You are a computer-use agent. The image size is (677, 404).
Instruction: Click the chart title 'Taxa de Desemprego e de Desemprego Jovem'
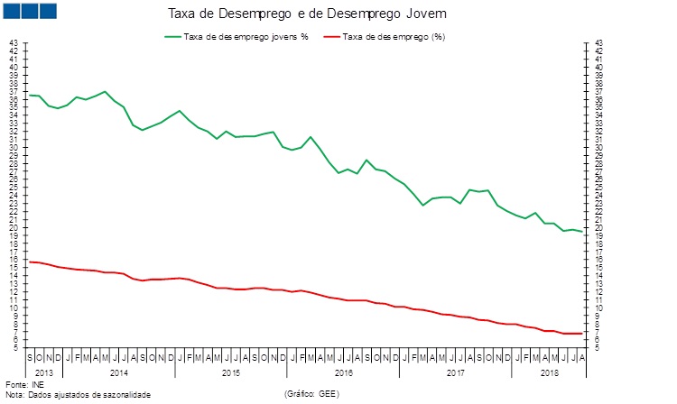pyautogui.click(x=307, y=15)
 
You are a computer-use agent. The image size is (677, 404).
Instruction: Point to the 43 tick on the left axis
pyautogui.click(x=13, y=42)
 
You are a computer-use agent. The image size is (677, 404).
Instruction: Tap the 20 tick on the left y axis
pyautogui.click(x=13, y=227)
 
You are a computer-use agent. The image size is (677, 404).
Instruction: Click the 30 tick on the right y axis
pyautogui.click(x=599, y=147)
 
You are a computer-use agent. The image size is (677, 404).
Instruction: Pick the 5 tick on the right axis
pyautogui.click(x=599, y=348)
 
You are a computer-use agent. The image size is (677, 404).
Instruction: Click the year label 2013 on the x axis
pyautogui.click(x=44, y=372)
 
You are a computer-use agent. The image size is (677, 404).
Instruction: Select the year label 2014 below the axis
pyautogui.click(x=117, y=372)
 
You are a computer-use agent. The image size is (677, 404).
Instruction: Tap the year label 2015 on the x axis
pyautogui.click(x=230, y=372)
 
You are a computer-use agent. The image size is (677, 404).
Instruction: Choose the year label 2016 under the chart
pyautogui.click(x=343, y=372)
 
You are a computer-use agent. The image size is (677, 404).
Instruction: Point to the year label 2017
pyautogui.click(x=456, y=372)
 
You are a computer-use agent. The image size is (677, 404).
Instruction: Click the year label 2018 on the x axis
pyautogui.click(x=549, y=372)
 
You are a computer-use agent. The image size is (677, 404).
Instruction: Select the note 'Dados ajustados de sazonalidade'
pyautogui.click(x=85, y=395)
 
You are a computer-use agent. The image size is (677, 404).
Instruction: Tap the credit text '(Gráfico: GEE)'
pyautogui.click(x=311, y=395)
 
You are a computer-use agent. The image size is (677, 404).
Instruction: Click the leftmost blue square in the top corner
pyautogui.click(x=14, y=11)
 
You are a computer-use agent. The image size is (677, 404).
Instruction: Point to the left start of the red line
pyautogui.click(x=30, y=262)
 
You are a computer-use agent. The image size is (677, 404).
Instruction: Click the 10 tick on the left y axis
pyautogui.click(x=13, y=308)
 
